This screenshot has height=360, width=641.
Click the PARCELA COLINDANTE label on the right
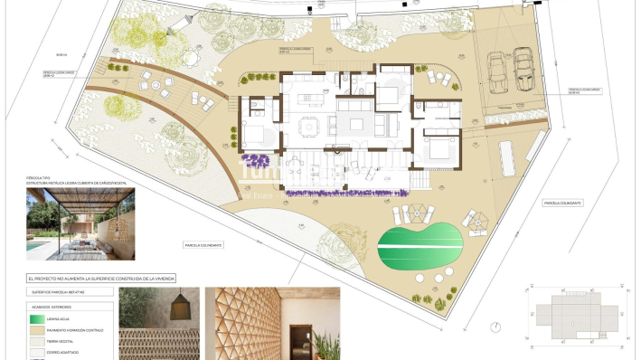point(562,203)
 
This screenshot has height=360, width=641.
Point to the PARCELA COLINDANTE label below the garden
point(203,245)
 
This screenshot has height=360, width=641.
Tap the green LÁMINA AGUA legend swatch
point(40,318)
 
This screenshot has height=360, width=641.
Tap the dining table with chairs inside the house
point(309,124)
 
